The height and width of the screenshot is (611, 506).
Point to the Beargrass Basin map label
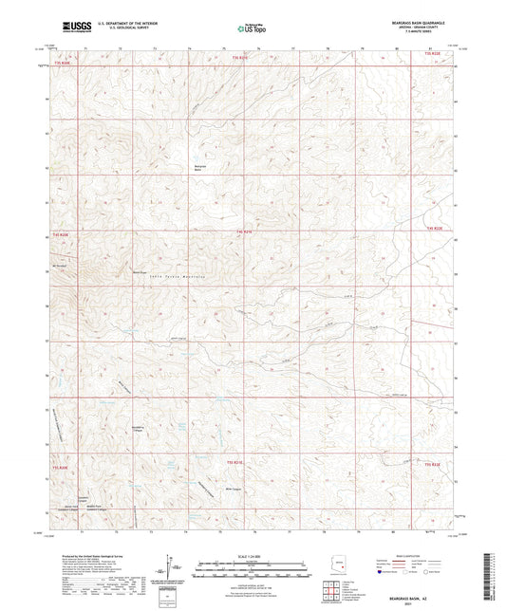200,167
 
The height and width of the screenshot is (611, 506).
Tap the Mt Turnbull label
63,265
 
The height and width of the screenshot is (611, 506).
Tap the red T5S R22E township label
432,464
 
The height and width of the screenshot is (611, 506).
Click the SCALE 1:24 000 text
252,556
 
